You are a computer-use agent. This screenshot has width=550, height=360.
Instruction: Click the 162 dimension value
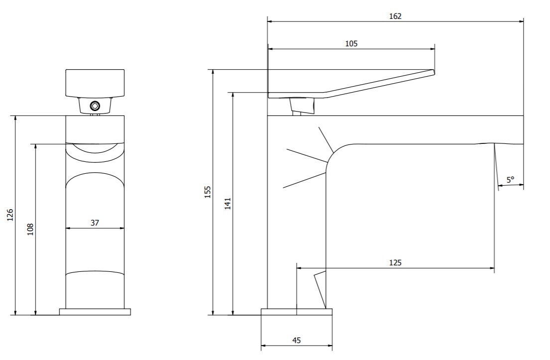(x=395, y=16)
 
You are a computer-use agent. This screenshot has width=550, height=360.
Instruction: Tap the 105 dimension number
(x=351, y=43)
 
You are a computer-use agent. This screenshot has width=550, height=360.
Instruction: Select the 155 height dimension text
(x=208, y=192)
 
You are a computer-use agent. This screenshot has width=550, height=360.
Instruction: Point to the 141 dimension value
(x=228, y=204)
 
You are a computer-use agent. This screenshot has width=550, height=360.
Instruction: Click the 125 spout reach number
(x=395, y=262)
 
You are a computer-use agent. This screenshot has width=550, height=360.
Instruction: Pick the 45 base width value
(x=296, y=340)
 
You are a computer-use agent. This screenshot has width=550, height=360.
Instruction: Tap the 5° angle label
(x=510, y=180)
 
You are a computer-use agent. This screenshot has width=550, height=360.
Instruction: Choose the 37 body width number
(x=95, y=223)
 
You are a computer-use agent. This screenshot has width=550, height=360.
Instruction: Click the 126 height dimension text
(x=10, y=215)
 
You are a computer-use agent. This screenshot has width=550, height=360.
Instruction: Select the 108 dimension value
(x=30, y=230)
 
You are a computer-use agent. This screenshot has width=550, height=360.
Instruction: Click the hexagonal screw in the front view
(x=95, y=106)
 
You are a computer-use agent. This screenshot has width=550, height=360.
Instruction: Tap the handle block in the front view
(x=95, y=83)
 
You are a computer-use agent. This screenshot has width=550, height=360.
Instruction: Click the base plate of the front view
(x=95, y=312)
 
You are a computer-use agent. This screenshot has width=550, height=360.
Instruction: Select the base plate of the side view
(x=296, y=312)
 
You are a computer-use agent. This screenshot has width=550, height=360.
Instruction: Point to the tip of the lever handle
(x=434, y=72)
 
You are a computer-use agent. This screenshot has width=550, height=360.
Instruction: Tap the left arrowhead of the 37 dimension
(x=68, y=228)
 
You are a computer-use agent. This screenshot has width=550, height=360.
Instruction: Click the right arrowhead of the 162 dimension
(x=521, y=21)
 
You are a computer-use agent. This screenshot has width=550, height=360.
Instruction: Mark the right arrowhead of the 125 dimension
(x=492, y=268)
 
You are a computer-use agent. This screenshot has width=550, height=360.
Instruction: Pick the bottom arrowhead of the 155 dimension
(x=213, y=313)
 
